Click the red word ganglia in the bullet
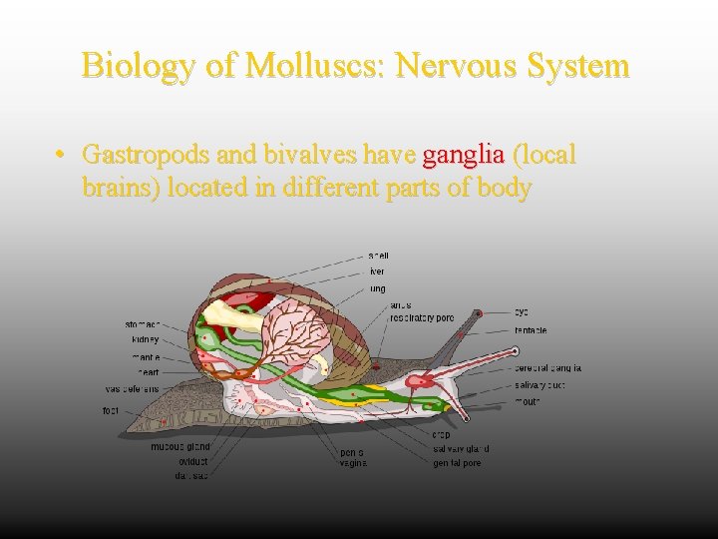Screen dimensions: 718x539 pos(464,155)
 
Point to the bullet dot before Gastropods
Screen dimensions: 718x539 pos(61,156)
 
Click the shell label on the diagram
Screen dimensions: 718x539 pos(378,256)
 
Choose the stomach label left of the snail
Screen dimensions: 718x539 pos(142,324)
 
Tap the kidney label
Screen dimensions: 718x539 pos(145,339)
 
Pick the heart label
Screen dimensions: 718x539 pos(148,372)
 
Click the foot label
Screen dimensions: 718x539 pos(111,410)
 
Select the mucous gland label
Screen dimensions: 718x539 pos(179,447)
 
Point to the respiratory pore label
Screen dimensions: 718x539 pos(422,317)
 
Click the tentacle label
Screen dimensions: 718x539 pos(531,330)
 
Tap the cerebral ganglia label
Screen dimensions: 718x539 pos(547,368)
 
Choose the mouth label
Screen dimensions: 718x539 pos(528,401)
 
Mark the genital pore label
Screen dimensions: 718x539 pos(459,464)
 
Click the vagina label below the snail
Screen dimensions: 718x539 pos(353,463)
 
